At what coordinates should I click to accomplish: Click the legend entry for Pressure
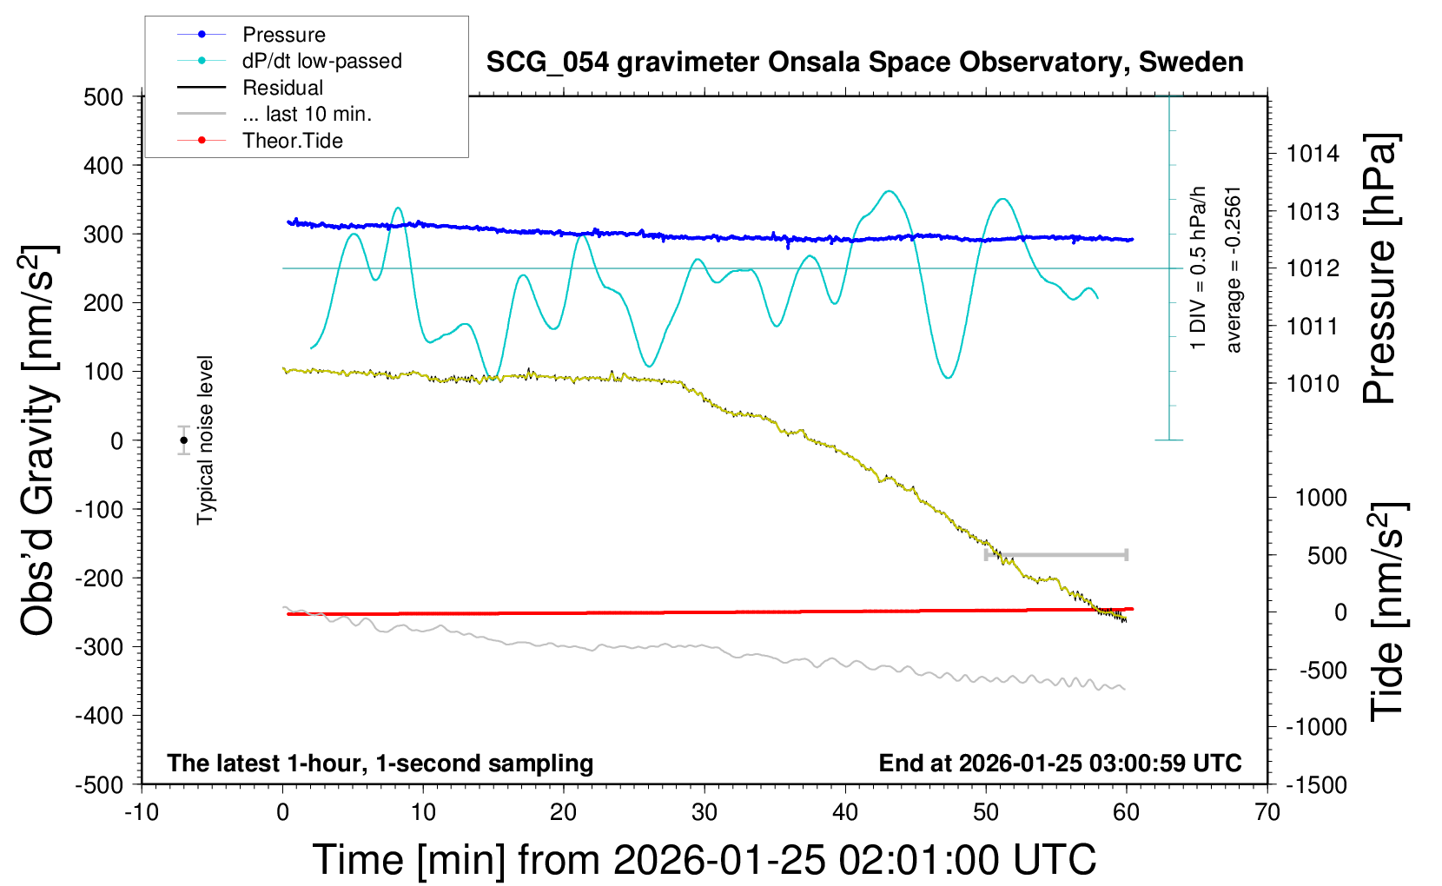click(x=283, y=35)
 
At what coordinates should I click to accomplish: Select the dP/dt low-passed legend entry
click(x=321, y=61)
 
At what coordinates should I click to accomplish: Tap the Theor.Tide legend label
click(x=292, y=141)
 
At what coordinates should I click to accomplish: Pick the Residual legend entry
click(x=282, y=88)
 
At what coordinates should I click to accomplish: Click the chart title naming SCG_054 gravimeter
click(x=864, y=63)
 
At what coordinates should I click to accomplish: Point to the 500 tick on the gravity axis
click(x=103, y=97)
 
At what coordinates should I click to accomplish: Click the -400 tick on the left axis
click(x=99, y=716)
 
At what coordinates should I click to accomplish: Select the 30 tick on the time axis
click(x=704, y=813)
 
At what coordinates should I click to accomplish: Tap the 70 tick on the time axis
click(x=1267, y=813)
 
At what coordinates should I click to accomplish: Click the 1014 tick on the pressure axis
click(x=1313, y=155)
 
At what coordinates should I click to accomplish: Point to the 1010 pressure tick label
click(x=1313, y=384)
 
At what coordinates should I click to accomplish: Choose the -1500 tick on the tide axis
click(x=1316, y=785)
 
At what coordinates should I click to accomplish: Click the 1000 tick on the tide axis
click(x=1320, y=498)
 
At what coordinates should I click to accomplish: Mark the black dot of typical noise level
click(x=184, y=440)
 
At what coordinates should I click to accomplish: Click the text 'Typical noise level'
click(x=205, y=440)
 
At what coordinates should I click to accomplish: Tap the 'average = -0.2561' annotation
click(x=1234, y=269)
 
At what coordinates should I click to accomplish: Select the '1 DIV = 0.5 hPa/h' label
click(x=1199, y=268)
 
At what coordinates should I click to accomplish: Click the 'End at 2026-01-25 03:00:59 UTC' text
click(x=1060, y=764)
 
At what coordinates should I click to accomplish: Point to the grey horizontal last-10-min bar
click(x=1055, y=554)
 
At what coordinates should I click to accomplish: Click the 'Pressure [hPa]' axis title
click(x=1379, y=269)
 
